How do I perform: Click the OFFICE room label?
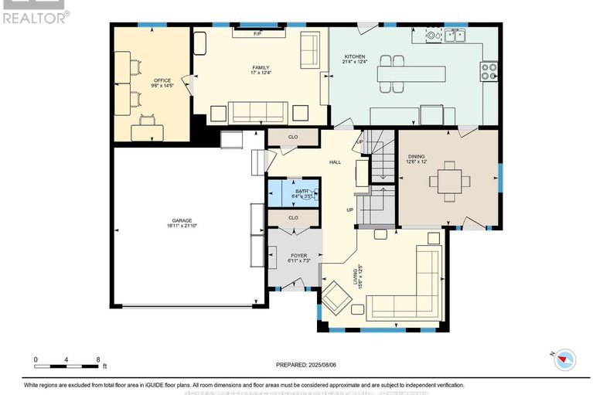[162, 81]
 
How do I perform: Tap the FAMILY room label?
[261, 68]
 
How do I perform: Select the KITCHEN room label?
[355, 56]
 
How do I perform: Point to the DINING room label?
[416, 157]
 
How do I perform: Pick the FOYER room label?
[298, 255]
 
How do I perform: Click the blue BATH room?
[293, 193]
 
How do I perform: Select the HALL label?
[335, 162]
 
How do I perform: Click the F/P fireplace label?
[257, 34]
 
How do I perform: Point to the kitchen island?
[411, 74]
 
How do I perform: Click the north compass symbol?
[566, 358]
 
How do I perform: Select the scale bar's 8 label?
[98, 359]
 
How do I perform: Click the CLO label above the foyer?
[293, 218]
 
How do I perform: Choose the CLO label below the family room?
[293, 137]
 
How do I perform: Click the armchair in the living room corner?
[336, 298]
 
